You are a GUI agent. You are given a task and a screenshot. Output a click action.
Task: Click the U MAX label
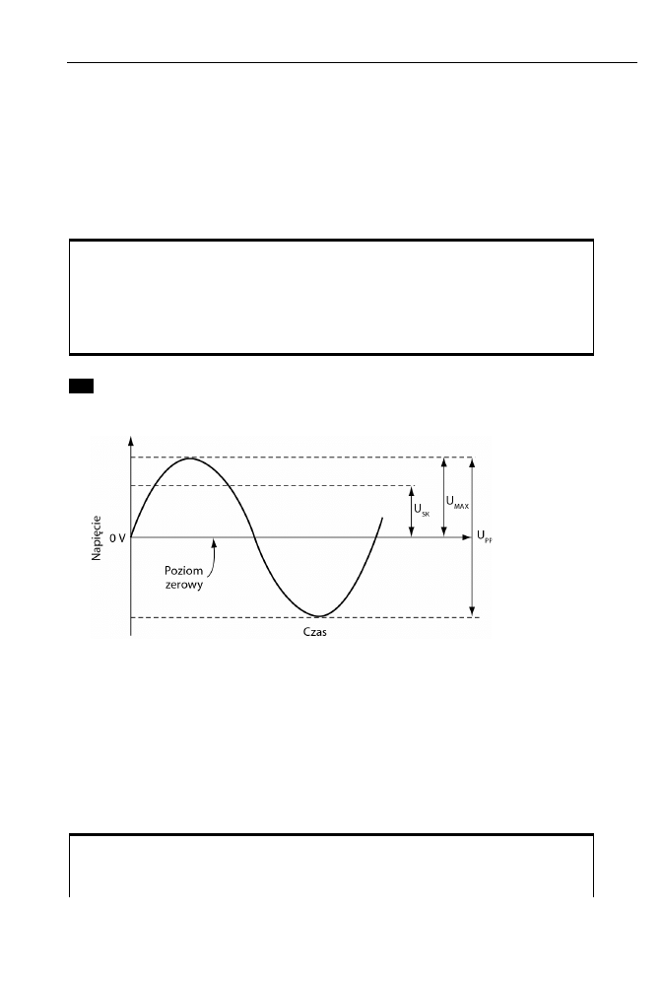[x=457, y=502]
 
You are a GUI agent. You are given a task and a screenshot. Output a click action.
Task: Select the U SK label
[x=422, y=510]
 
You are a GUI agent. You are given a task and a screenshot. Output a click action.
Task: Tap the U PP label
[x=485, y=536]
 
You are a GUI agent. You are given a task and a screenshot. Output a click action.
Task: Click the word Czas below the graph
[x=314, y=632]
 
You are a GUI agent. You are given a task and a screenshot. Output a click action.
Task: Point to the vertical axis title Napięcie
[x=97, y=538]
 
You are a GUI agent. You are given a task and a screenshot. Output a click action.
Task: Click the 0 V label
[x=117, y=537]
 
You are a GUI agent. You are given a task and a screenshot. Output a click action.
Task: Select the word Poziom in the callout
[x=183, y=571]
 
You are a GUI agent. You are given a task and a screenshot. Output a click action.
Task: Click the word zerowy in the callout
[x=184, y=585]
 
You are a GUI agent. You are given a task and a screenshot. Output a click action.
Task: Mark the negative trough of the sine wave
[x=319, y=615]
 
